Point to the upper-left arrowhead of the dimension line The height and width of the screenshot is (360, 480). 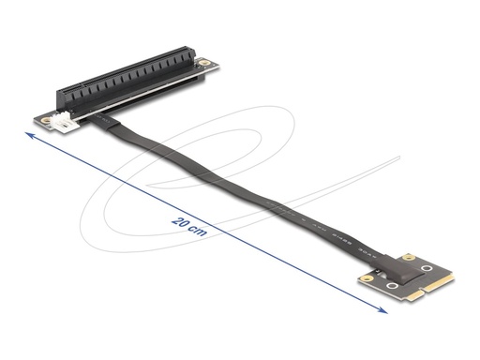pyautogui.click(x=28, y=137)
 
